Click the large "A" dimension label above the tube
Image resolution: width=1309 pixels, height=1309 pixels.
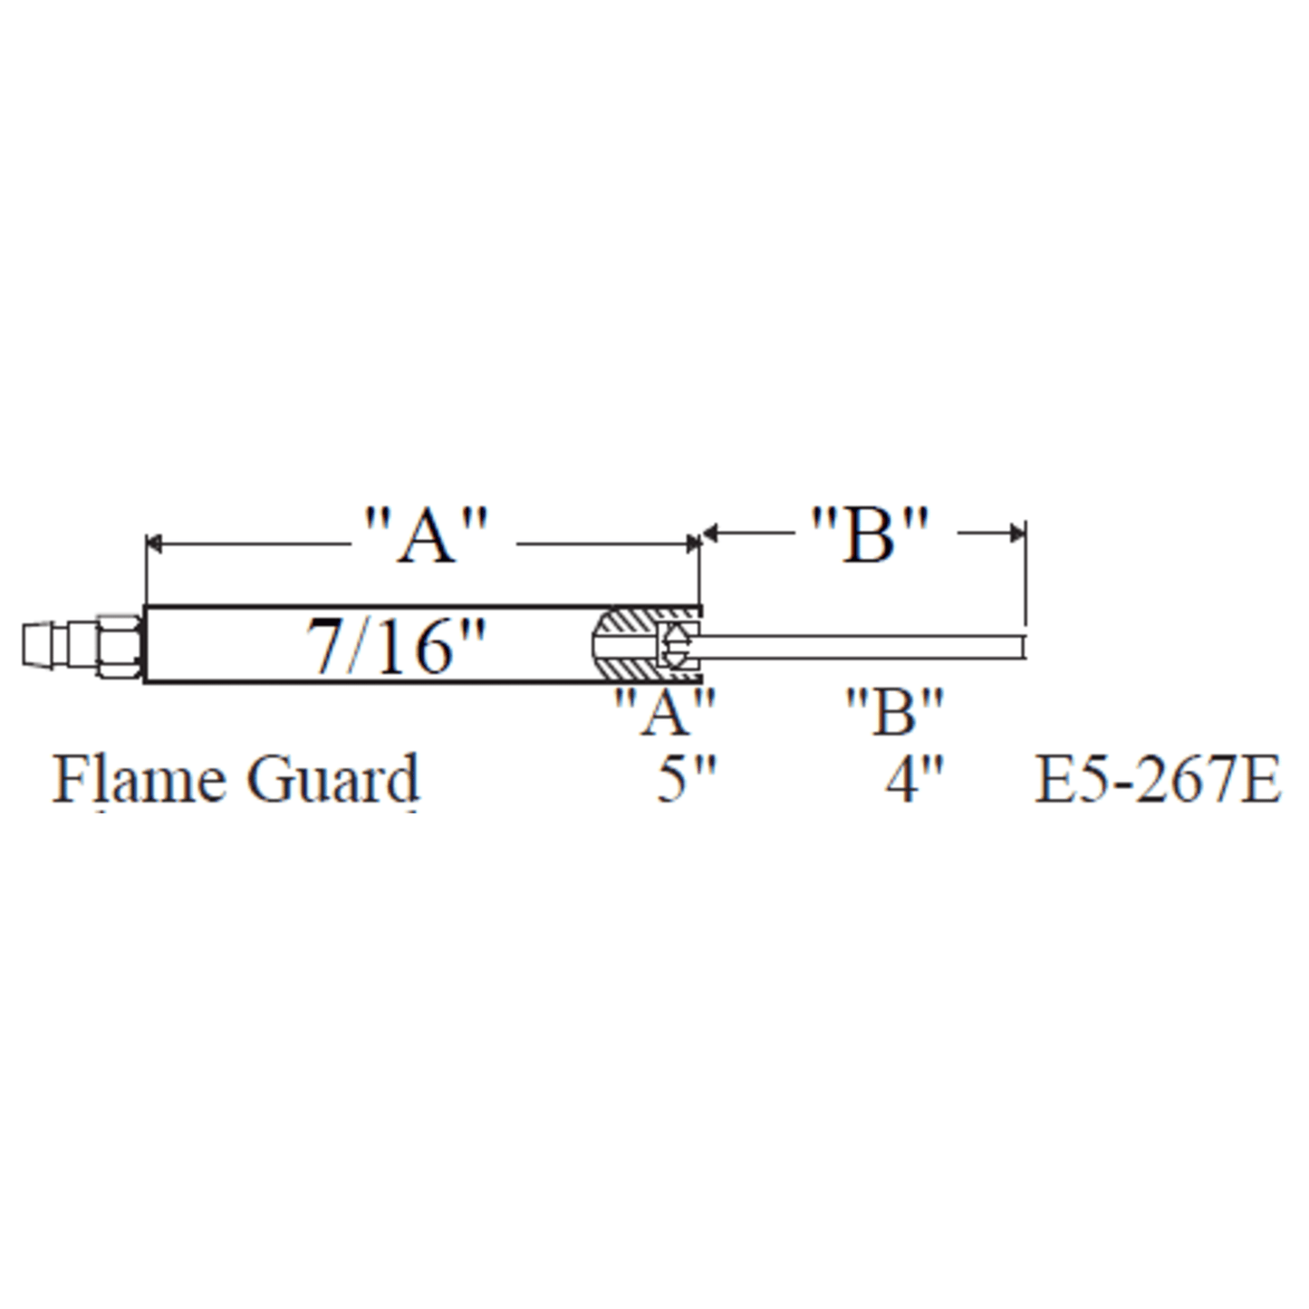click(x=427, y=536)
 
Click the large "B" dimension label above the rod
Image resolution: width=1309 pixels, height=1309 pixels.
click(x=870, y=534)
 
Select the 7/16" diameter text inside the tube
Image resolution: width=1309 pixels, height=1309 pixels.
click(x=394, y=646)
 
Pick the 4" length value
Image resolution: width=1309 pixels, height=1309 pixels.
click(x=914, y=779)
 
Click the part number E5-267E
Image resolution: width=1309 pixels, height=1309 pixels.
click(x=1158, y=779)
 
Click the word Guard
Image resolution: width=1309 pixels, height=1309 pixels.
click(x=333, y=779)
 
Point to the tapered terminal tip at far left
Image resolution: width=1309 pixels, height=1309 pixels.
click(x=41, y=645)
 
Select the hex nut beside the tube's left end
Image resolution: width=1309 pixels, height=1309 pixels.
click(x=119, y=645)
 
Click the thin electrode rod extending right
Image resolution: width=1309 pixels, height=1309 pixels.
click(x=861, y=646)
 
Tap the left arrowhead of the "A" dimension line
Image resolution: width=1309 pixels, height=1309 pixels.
click(x=153, y=544)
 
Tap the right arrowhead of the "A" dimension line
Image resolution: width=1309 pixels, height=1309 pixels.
click(x=693, y=544)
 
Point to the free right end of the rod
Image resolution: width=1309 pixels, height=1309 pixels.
click(x=1023, y=646)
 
